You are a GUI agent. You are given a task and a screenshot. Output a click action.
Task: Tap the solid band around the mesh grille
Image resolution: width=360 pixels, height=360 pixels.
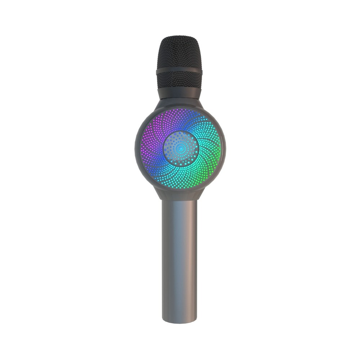click(179, 71)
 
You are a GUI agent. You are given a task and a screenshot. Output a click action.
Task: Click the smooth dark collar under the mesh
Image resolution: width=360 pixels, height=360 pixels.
click(179, 93)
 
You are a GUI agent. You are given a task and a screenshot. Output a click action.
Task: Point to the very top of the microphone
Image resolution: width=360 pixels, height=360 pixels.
click(179, 36)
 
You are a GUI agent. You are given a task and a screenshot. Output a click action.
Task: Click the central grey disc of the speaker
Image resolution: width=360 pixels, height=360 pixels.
click(181, 148)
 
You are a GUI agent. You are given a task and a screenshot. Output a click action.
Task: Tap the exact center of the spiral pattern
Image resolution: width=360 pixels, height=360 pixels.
click(181, 148)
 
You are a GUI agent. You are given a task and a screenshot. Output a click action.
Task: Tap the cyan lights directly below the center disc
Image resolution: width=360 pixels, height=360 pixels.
click(181, 176)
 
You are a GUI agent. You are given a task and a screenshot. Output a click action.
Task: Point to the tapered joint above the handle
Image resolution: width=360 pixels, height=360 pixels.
click(179, 194)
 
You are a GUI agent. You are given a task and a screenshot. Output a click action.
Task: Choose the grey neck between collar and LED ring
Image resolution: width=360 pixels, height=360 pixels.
click(179, 103)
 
